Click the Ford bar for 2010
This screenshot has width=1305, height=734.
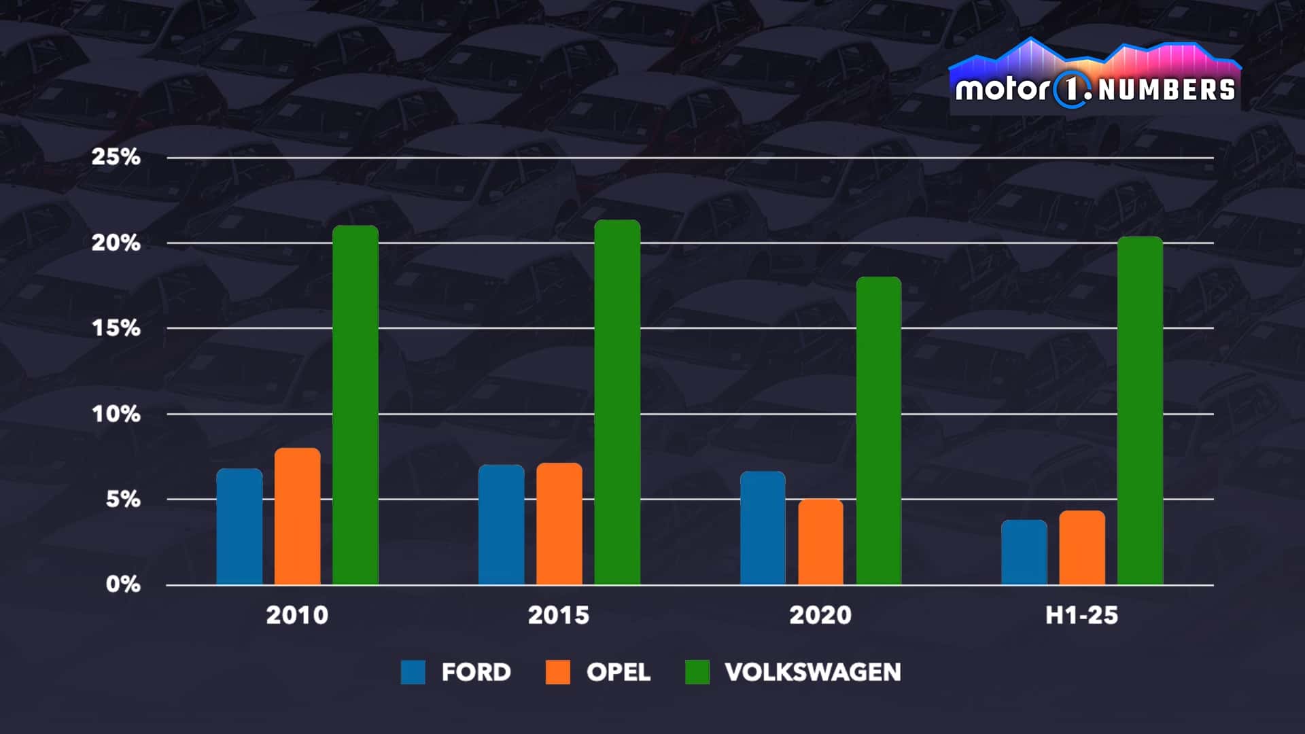point(239,527)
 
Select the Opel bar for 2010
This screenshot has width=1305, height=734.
point(297,517)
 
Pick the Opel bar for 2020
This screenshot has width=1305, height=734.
point(820,542)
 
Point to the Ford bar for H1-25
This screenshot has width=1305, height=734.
point(1024,552)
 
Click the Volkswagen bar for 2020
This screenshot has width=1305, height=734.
point(878,431)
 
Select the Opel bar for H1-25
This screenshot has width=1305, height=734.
point(1081,548)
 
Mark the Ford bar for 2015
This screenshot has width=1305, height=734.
point(501,525)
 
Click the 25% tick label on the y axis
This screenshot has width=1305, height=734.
point(116,157)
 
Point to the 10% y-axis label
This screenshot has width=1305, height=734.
point(116,414)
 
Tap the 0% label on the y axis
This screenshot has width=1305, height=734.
point(123,584)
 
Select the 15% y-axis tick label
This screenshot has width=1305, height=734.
point(116,328)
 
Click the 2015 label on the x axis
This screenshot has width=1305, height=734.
point(559,615)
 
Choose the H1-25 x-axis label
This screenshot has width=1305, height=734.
point(1081,615)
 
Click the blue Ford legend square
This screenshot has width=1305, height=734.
point(413,672)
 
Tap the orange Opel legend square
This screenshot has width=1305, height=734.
point(558,672)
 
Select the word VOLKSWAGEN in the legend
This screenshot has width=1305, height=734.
point(813,672)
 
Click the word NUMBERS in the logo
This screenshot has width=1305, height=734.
point(1166,90)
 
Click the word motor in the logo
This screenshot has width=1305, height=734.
point(1002,90)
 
